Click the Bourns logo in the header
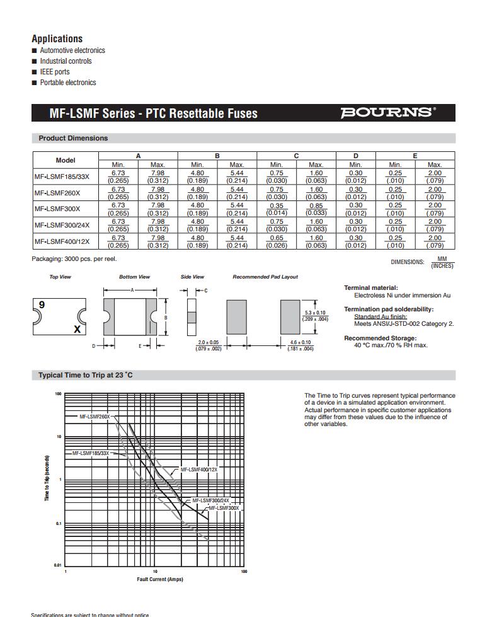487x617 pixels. tap(387, 113)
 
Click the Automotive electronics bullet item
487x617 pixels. tap(72, 50)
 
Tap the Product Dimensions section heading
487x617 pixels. tap(73, 138)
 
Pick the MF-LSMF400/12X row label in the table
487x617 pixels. tap(62, 241)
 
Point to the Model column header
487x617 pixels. tap(66, 160)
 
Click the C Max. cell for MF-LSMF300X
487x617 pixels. tap(316, 209)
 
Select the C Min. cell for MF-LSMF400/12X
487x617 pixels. tap(276, 241)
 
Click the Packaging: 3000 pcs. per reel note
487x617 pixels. tap(74, 259)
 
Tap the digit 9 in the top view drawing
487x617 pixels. tap(42, 304)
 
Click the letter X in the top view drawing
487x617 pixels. tap(77, 329)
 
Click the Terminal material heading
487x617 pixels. tap(370, 288)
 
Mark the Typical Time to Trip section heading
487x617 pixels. tap(86, 375)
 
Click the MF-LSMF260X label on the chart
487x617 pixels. tap(94, 417)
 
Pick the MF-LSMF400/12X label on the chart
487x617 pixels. tap(198, 470)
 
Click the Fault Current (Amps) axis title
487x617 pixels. tap(160, 579)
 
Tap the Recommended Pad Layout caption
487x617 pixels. tap(265, 277)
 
